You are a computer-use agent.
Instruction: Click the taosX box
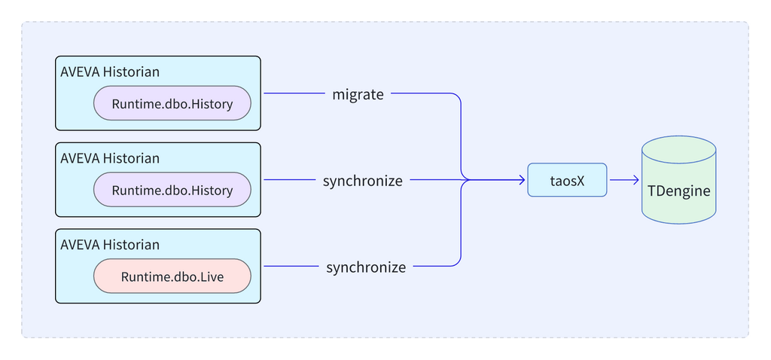click(x=567, y=180)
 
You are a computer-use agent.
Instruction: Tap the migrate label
click(x=358, y=94)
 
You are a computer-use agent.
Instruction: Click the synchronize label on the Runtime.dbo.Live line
click(x=366, y=267)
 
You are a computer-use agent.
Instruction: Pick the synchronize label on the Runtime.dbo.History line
click(x=363, y=181)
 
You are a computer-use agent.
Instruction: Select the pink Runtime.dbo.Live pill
click(x=172, y=276)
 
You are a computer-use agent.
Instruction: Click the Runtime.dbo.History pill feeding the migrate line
click(x=172, y=104)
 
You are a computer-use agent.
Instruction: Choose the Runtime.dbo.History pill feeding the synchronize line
click(x=172, y=190)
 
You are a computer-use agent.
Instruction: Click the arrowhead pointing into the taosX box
click(x=522, y=180)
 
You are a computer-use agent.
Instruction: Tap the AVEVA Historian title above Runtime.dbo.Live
click(x=110, y=245)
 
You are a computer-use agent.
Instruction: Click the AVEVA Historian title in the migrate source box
click(x=110, y=72)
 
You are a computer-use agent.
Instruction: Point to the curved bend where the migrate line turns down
click(x=457, y=98)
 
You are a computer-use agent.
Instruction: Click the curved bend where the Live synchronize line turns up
click(x=457, y=263)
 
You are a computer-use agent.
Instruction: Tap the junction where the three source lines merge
click(x=462, y=180)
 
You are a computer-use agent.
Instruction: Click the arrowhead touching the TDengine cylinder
click(x=636, y=180)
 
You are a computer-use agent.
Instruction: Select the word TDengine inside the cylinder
click(x=678, y=191)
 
